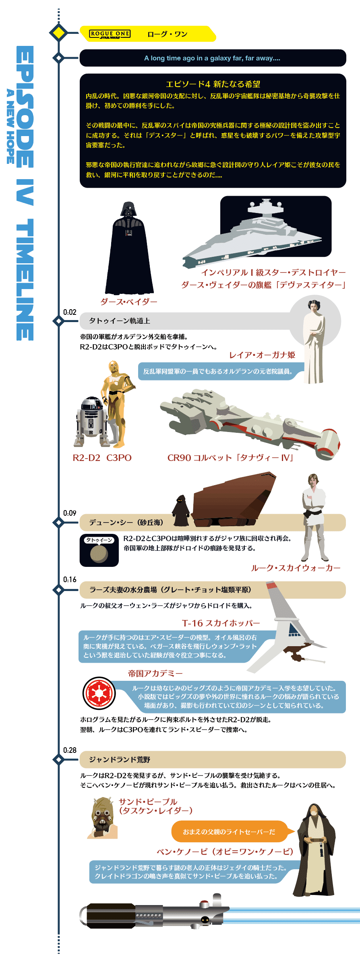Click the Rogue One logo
(x=110, y=34)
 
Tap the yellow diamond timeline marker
(x=59, y=33)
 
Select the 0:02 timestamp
(x=70, y=312)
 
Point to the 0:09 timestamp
(x=70, y=513)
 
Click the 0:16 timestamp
(x=70, y=579)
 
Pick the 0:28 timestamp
(x=70, y=750)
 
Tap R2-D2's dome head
(x=92, y=403)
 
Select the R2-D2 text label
(x=86, y=458)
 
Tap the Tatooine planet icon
(x=99, y=554)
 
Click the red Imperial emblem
(x=99, y=693)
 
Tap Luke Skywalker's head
(x=313, y=480)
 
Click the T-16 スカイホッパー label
(x=221, y=623)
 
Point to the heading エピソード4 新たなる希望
(x=213, y=84)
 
